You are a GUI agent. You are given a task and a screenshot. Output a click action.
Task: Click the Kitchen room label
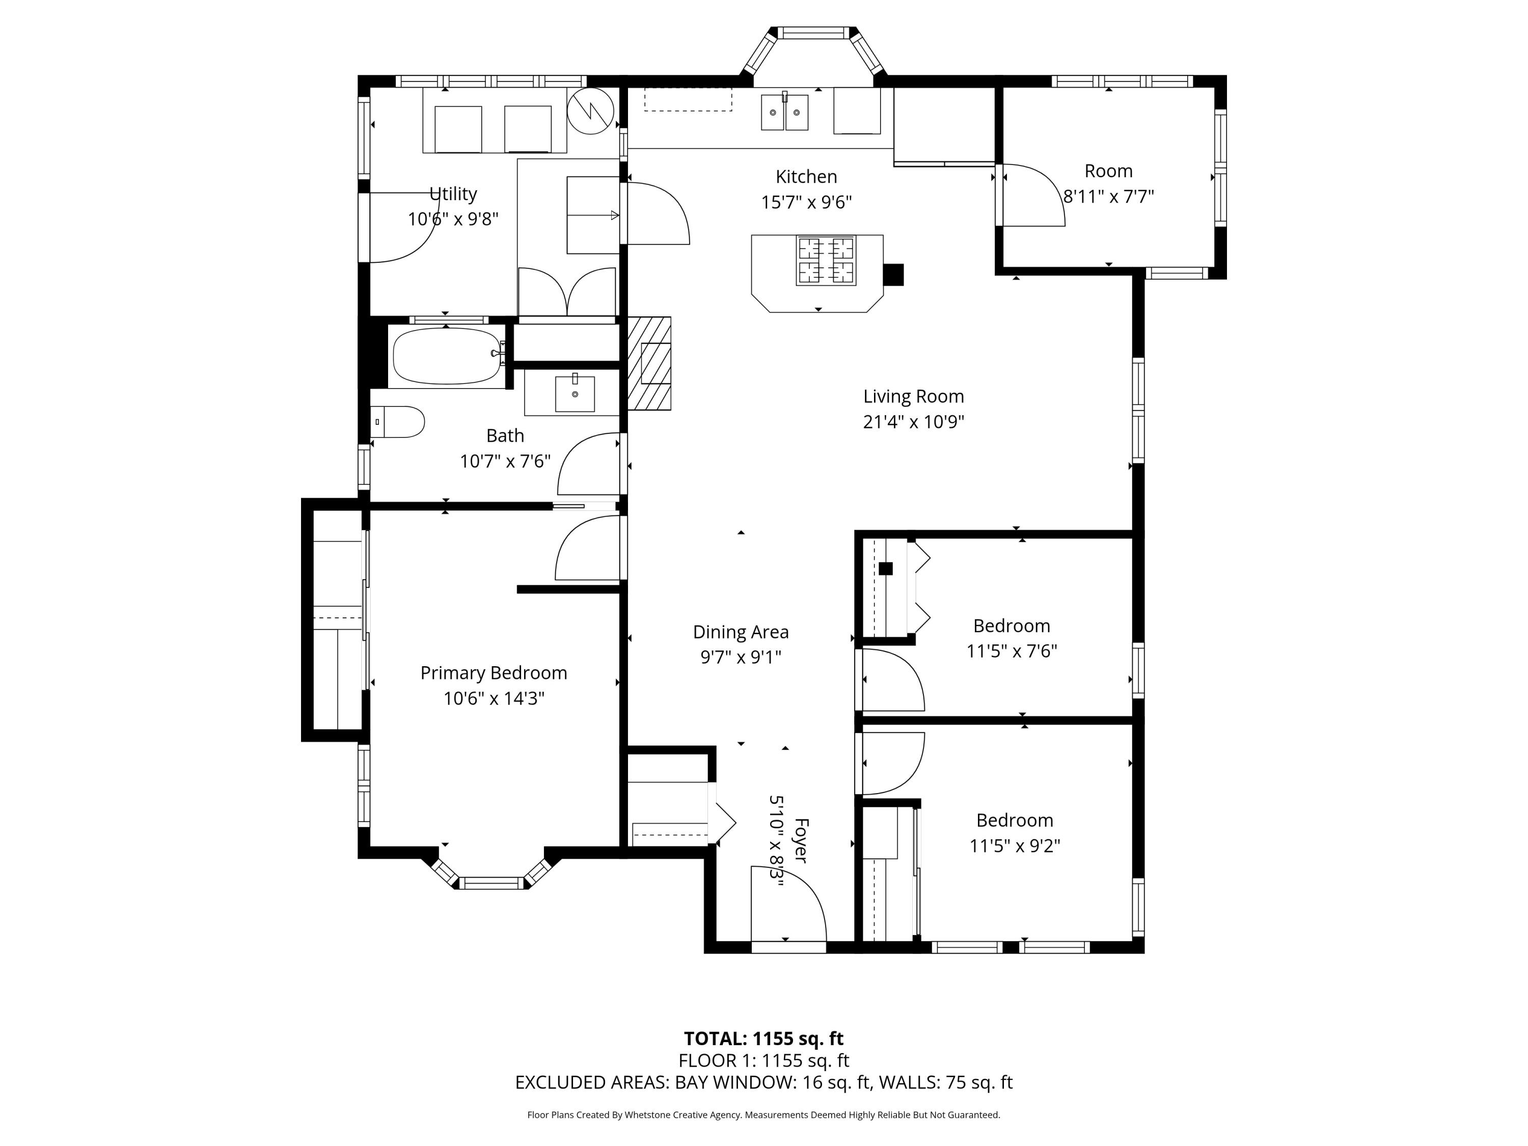pyautogui.click(x=806, y=177)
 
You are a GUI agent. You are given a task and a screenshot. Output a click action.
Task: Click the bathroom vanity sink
pyautogui.click(x=575, y=394)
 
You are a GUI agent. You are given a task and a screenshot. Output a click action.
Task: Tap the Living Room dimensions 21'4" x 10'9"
pyautogui.click(x=913, y=421)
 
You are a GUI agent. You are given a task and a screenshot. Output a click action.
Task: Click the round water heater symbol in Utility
pyautogui.click(x=591, y=111)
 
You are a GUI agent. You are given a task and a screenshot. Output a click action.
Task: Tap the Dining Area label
pyautogui.click(x=741, y=632)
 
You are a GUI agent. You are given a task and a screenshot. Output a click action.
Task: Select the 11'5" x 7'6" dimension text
pyautogui.click(x=1012, y=651)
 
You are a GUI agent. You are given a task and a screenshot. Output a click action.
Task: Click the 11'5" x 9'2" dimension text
pyautogui.click(x=1014, y=845)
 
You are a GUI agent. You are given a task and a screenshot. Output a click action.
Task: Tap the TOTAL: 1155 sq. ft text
pyautogui.click(x=763, y=1038)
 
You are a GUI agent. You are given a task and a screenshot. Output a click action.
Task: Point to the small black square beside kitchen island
pyautogui.click(x=894, y=274)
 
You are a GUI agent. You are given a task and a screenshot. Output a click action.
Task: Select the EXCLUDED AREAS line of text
pyautogui.click(x=763, y=1082)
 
